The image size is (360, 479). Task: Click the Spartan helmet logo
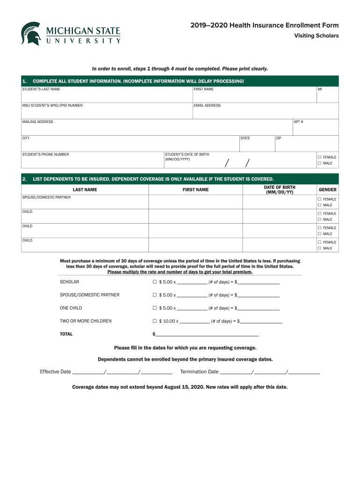coord(31,34)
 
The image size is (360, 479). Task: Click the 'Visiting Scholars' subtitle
coord(316,36)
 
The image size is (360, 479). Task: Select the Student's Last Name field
coord(107,96)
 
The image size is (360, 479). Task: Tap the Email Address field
coord(265,113)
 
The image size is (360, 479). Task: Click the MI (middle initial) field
coord(327,96)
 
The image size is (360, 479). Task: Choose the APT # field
coord(315,129)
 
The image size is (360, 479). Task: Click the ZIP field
coord(306,145)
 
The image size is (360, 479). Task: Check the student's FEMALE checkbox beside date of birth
coord(320,157)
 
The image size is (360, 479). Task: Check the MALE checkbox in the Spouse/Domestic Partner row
coord(320,205)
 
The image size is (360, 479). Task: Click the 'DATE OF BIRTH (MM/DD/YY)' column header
coord(280,189)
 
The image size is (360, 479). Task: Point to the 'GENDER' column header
coord(327,189)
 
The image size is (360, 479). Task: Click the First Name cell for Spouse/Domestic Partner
coord(195,202)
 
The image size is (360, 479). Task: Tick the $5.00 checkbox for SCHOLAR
coord(154,282)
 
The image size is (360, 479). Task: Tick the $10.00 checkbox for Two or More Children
coord(154,321)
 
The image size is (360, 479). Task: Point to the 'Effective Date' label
coord(55,372)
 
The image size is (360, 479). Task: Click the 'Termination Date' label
coord(199,372)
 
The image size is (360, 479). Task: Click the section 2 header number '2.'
coord(24,179)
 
